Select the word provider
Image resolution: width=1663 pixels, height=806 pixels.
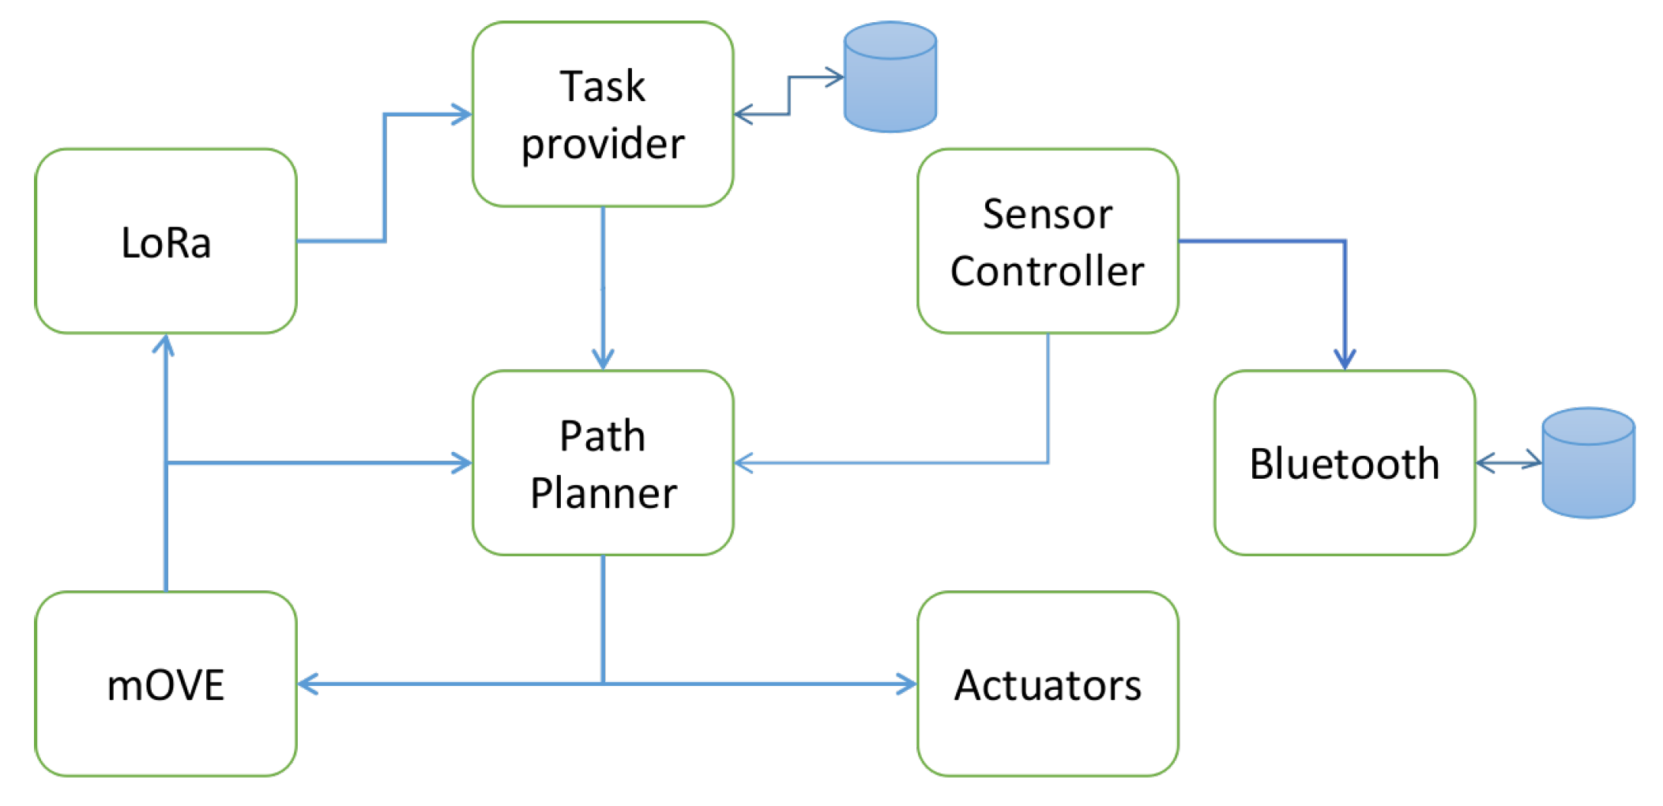point(602,145)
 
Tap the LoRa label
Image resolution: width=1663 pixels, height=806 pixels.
point(166,243)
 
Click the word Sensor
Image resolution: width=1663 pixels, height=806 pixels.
point(1047,214)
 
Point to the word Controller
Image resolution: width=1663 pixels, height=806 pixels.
point(1047,272)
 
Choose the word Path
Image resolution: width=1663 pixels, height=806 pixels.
point(602,436)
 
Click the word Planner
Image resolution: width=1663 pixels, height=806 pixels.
point(603,494)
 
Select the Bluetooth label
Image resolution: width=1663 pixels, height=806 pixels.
point(1344,464)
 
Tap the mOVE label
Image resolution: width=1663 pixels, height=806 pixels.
point(166,685)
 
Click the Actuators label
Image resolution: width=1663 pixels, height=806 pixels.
point(1048,685)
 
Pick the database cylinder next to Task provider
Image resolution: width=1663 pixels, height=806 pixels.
point(890,77)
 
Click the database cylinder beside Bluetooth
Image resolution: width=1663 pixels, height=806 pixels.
point(1588,463)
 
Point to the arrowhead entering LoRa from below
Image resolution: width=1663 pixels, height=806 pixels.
point(164,345)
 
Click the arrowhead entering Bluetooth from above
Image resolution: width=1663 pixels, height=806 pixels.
point(1345,360)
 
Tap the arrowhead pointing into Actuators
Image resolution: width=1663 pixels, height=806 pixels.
point(906,684)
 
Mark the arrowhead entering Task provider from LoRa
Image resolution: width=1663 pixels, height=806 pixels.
point(461,115)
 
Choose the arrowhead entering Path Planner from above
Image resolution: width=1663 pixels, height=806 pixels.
point(603,360)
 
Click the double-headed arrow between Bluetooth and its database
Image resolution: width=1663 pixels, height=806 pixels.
point(1509,463)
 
